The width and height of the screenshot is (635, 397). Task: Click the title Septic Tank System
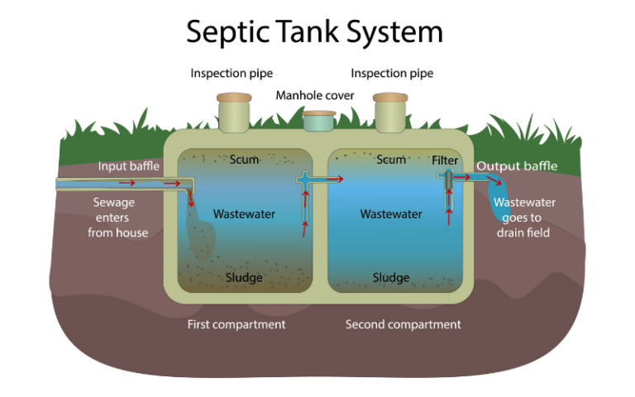[314, 31]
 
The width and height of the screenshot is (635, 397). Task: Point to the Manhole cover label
[315, 96]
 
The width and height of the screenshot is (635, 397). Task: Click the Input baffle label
[124, 166]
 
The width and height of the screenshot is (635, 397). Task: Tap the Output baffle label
[517, 166]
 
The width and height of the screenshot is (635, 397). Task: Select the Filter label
[445, 160]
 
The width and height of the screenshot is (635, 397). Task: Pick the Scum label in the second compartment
[391, 160]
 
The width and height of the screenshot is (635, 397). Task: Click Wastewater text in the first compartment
[244, 214]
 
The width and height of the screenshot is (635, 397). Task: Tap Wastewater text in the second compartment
[391, 214]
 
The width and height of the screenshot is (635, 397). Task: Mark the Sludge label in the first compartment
[244, 277]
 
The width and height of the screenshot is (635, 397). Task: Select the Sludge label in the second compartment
[391, 277]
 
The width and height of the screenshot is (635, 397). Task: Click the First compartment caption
[236, 324]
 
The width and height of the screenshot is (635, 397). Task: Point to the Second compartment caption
[403, 324]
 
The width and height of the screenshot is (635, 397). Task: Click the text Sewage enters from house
[117, 217]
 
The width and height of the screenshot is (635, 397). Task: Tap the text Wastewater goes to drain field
[524, 217]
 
